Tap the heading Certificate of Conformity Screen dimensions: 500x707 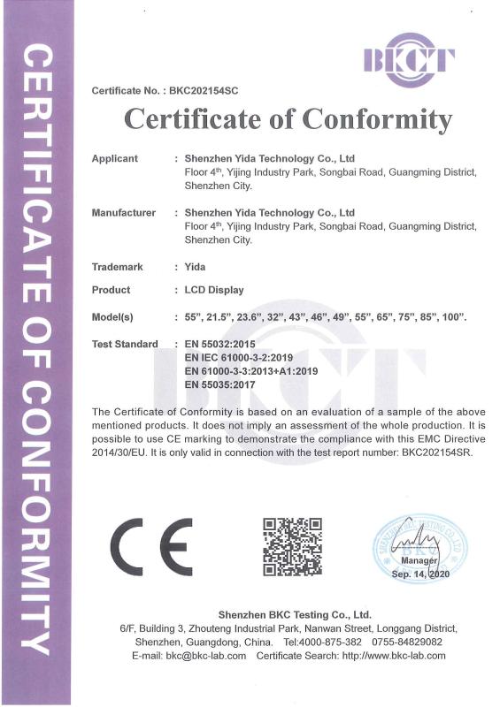point(288,118)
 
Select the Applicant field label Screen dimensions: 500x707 point(115,158)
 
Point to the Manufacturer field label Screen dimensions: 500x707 point(123,213)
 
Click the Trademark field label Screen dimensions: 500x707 point(118,267)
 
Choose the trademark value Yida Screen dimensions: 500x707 point(194,267)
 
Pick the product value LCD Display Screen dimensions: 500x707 point(213,290)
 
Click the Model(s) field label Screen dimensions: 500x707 point(112,316)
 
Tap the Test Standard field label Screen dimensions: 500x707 point(125,344)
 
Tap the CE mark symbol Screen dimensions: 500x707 point(150,545)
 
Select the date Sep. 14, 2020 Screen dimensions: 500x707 point(420,574)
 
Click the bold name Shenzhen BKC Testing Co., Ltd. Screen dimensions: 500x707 point(295,614)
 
